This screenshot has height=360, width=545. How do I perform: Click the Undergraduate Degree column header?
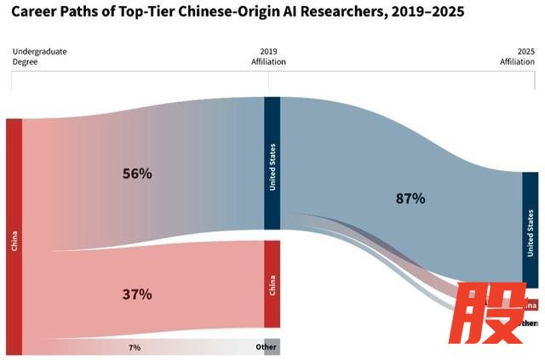(x=39, y=56)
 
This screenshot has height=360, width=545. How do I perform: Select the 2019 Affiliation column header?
(x=268, y=56)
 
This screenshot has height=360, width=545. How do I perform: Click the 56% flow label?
(x=136, y=174)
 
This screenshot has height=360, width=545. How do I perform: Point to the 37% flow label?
(x=136, y=294)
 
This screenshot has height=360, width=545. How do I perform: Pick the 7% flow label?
(x=135, y=348)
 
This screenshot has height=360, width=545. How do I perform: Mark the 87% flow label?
(x=410, y=198)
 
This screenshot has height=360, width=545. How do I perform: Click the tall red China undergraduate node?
(x=14, y=237)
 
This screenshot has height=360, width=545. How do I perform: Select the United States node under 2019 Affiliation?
(x=272, y=163)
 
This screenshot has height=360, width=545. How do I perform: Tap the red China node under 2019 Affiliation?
(x=272, y=283)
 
